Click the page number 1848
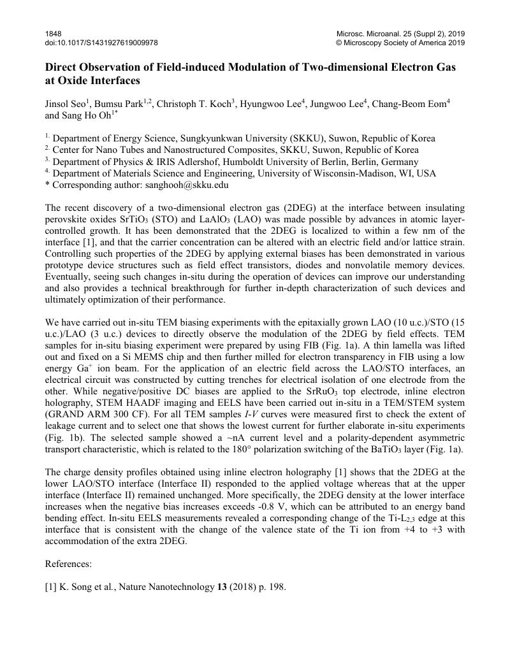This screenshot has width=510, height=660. pos(53,33)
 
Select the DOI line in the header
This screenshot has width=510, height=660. pos(101,43)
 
